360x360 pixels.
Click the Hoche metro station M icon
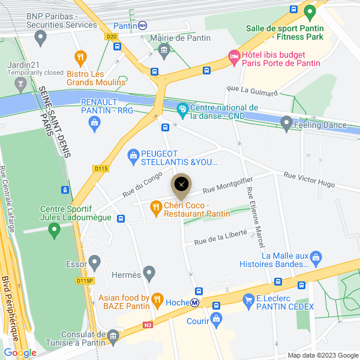click(196, 303)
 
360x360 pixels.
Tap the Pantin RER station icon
click(142, 25)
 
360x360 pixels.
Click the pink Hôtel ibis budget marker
click(233, 58)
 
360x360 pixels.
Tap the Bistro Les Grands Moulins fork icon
click(80, 58)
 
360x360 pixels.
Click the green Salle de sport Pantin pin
click(310, 11)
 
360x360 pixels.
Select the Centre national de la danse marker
click(183, 109)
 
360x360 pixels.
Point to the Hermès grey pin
click(149, 273)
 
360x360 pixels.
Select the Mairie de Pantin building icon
click(164, 49)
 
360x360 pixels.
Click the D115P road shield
click(85, 280)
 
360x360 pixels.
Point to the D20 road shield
click(111, 37)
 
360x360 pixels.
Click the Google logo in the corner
click(20, 352)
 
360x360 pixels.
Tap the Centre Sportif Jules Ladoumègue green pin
click(55, 229)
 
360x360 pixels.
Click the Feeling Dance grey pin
click(286, 124)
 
